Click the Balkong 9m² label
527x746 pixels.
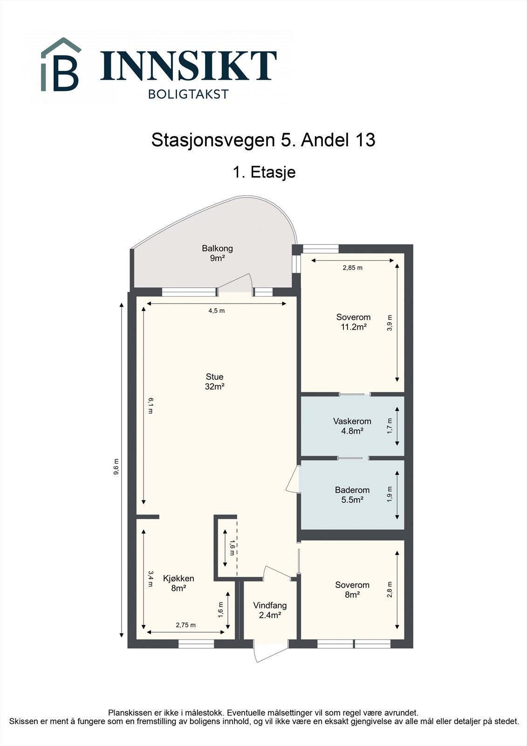click(217, 253)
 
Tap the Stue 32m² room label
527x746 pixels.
click(215, 381)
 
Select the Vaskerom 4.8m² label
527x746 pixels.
click(352, 426)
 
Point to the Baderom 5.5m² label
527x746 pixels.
click(352, 495)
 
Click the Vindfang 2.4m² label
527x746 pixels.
click(270, 610)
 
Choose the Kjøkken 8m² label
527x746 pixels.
click(178, 583)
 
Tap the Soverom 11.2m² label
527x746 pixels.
click(353, 322)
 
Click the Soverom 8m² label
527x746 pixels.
click(352, 590)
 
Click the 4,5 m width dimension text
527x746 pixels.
click(216, 311)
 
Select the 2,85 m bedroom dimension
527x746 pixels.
click(352, 268)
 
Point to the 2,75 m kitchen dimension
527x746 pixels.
click(185, 625)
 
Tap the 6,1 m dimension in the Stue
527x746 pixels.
click(151, 405)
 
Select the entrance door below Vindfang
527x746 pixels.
click(269, 651)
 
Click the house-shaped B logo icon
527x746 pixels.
click(61, 65)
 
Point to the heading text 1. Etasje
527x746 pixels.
click(264, 172)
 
